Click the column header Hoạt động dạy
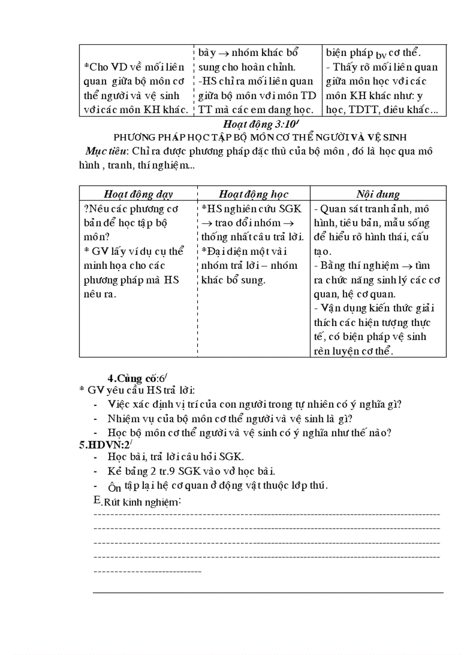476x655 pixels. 138,194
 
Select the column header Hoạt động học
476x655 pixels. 254,194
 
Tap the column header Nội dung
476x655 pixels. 378,194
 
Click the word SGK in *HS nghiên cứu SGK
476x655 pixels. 290,209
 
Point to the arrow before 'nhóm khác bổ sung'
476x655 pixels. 223,54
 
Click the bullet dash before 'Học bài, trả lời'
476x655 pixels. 96,457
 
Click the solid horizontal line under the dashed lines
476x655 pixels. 268,591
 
